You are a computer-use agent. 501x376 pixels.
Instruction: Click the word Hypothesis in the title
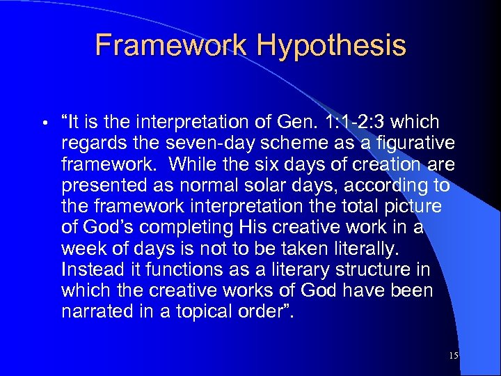(331, 45)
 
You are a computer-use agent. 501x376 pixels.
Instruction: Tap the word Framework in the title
(171, 45)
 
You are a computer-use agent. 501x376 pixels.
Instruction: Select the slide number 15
(454, 356)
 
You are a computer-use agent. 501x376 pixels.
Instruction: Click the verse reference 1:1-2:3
(356, 123)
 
